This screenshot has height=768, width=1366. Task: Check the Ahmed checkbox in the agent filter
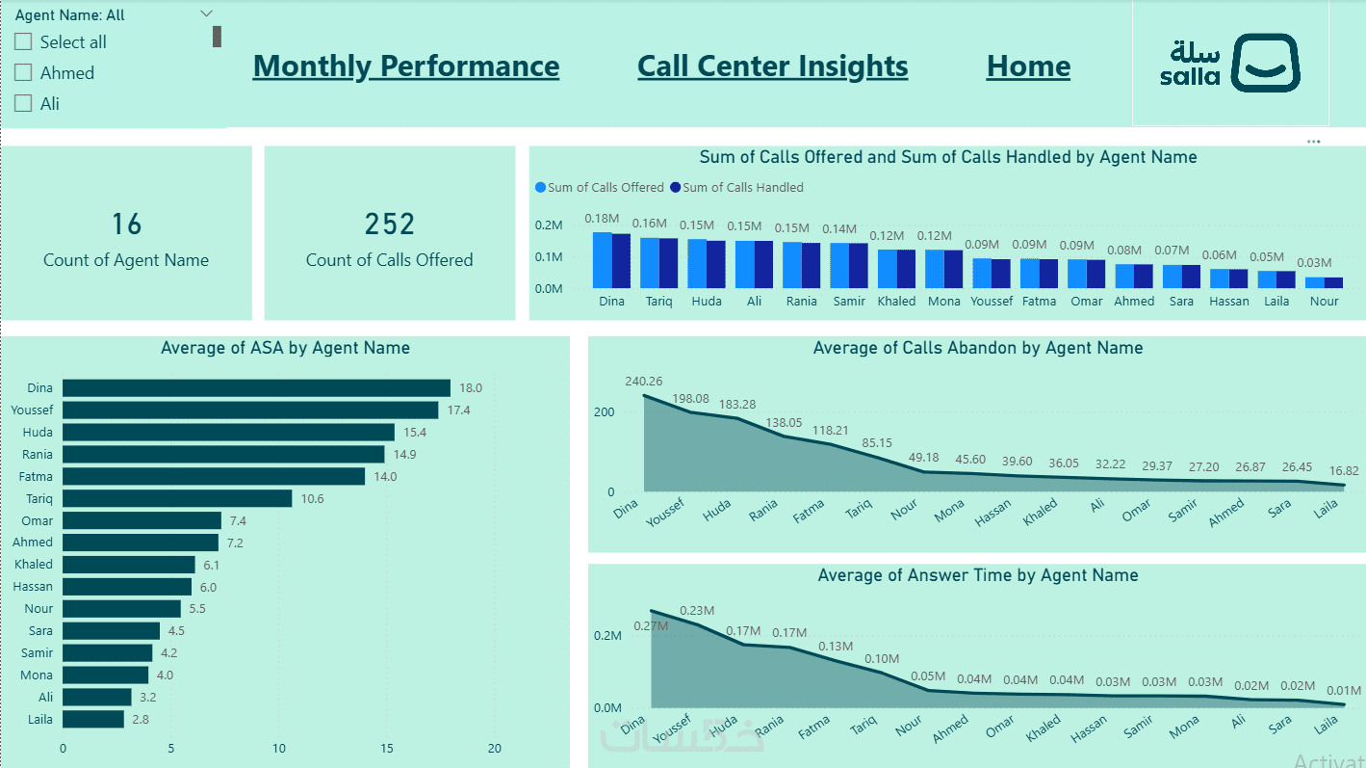coord(23,73)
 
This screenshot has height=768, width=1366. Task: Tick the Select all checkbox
coord(23,42)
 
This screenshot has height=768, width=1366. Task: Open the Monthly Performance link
coord(405,66)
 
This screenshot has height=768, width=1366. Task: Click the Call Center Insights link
coord(772,66)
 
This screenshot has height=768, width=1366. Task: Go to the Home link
coord(1028,66)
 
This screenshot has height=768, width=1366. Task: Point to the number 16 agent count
coord(126,225)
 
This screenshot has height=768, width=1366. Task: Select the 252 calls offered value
coord(389,225)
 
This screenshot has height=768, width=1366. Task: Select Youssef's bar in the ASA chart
coord(250,410)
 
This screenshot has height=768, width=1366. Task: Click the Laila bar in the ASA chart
coord(93,719)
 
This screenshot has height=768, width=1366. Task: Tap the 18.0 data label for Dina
coord(471,388)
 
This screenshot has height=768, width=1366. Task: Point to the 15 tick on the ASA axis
coord(387,749)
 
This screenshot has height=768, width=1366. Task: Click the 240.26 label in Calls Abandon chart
coord(643,382)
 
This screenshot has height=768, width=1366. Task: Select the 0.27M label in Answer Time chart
coord(651,626)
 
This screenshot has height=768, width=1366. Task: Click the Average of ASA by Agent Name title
coord(285,349)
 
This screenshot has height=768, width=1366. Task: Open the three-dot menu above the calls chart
coord(1314,142)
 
